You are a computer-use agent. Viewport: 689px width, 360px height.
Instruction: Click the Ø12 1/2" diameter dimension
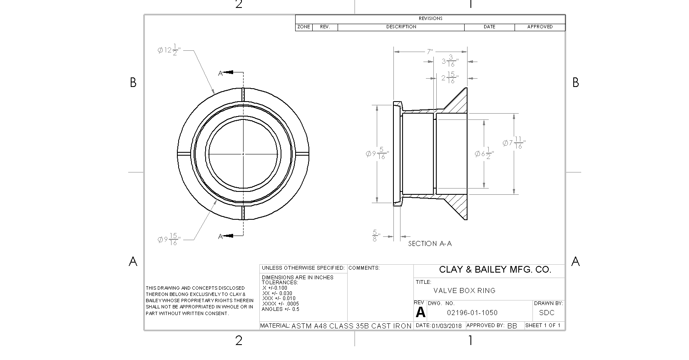(169, 51)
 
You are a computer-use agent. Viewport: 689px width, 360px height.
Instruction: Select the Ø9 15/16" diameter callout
(169, 240)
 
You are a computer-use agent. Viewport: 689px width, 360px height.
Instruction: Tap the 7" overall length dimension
(430, 52)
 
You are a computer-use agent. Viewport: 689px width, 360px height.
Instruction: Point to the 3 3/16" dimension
(450, 62)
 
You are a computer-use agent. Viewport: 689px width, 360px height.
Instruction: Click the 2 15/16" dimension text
(450, 78)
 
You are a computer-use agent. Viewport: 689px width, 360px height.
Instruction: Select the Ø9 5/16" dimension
(377, 154)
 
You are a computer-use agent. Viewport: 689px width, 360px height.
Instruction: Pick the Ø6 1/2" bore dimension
(484, 154)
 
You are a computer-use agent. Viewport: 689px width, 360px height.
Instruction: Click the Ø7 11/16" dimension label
(514, 143)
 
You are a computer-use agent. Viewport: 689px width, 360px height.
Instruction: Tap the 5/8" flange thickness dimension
(376, 236)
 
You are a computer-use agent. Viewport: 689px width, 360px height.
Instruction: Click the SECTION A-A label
(430, 244)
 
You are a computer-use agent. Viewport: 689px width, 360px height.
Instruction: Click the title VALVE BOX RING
(464, 290)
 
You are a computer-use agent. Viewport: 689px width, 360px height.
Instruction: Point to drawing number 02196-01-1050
(472, 313)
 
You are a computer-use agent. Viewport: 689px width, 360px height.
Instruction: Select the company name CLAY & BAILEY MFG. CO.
(495, 270)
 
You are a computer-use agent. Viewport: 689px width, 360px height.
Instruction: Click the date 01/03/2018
(447, 326)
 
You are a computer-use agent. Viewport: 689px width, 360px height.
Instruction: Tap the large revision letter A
(420, 313)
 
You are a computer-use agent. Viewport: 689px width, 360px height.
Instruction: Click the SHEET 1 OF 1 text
(543, 325)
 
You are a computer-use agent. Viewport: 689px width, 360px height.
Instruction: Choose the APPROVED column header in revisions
(540, 27)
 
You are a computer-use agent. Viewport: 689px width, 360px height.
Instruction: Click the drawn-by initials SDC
(547, 313)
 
